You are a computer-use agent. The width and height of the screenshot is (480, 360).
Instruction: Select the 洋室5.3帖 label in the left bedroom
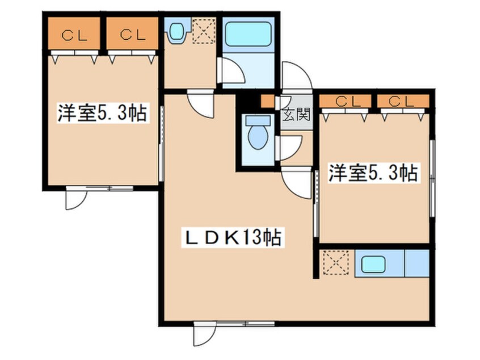[103, 114]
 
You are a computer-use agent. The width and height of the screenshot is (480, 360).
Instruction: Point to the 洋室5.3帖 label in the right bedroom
[374, 173]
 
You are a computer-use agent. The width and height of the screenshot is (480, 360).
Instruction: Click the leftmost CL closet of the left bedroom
[74, 35]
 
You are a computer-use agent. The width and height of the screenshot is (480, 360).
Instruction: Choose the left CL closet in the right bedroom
[347, 102]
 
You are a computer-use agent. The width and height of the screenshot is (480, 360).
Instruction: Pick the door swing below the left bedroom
[76, 199]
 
